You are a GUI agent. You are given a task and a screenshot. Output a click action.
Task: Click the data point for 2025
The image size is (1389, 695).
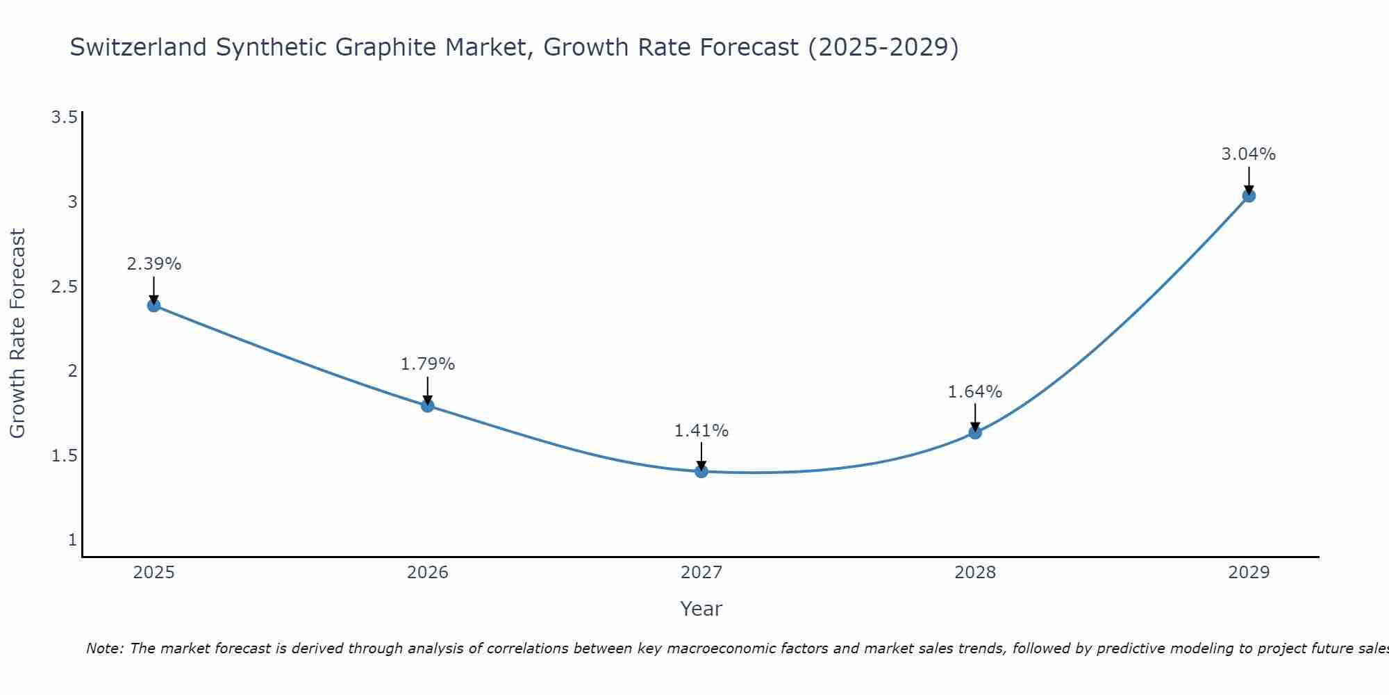(154, 305)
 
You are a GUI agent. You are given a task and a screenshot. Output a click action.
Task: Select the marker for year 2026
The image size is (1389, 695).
(428, 405)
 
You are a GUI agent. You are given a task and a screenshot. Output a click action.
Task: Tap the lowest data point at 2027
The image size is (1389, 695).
(701, 471)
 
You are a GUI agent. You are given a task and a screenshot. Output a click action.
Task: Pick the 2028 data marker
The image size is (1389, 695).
(975, 432)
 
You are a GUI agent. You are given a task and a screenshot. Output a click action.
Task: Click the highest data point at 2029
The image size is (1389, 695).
(1249, 195)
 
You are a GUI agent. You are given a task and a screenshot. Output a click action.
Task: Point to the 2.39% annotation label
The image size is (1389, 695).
(154, 264)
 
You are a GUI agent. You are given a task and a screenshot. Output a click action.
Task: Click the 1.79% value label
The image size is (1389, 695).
(428, 363)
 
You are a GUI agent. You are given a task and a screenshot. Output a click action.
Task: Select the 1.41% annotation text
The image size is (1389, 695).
(701, 431)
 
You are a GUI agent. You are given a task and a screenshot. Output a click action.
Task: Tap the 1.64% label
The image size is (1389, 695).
(975, 392)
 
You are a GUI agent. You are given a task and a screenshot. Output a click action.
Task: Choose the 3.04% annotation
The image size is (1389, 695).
(1249, 154)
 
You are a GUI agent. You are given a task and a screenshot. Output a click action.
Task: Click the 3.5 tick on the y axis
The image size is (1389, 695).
(64, 117)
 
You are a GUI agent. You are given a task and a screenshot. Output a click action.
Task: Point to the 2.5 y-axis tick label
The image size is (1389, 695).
(64, 286)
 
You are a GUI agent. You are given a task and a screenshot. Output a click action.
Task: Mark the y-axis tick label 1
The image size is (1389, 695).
(72, 540)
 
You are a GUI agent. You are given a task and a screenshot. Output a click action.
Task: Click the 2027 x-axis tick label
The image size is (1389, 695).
(701, 573)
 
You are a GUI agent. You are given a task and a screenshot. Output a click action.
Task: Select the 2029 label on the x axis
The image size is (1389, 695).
(1249, 573)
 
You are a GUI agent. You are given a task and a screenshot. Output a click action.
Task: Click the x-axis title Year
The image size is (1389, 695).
(701, 609)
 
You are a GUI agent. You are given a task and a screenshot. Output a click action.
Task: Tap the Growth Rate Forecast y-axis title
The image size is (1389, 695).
(18, 334)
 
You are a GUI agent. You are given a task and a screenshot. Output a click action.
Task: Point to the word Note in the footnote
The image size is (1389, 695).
(104, 648)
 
